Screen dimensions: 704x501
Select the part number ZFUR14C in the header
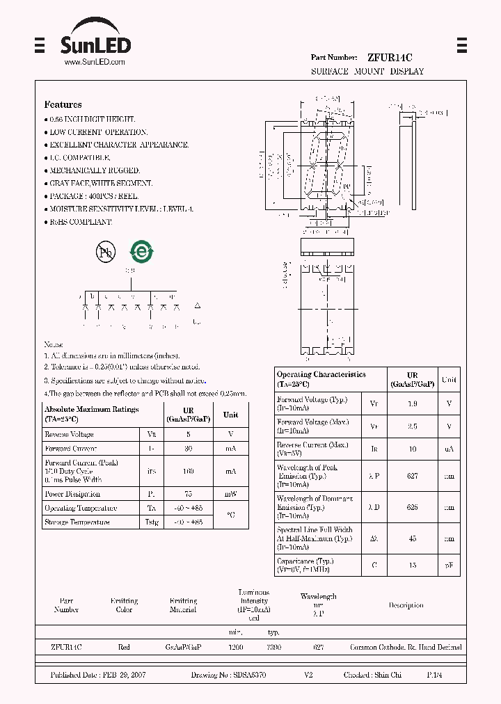pos(390,58)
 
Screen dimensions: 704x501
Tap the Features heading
pos(63,104)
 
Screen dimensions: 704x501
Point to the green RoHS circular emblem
pos(142,253)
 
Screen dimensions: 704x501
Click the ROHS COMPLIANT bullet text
pos(80,221)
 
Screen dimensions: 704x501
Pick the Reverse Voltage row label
pos(69,434)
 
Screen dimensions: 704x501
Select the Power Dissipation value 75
pos(189,495)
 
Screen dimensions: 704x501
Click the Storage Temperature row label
pos(77,522)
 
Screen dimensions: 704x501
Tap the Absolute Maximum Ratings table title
pos(91,410)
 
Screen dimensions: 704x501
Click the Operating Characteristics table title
pos(321,374)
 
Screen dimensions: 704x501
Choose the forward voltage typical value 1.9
pos(412,403)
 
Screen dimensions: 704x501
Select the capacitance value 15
pos(412,566)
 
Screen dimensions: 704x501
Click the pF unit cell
pos(449,566)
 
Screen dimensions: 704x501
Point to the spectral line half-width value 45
pos(412,538)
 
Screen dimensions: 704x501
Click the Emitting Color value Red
pos(124,647)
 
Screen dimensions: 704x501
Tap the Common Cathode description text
pos(406,647)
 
